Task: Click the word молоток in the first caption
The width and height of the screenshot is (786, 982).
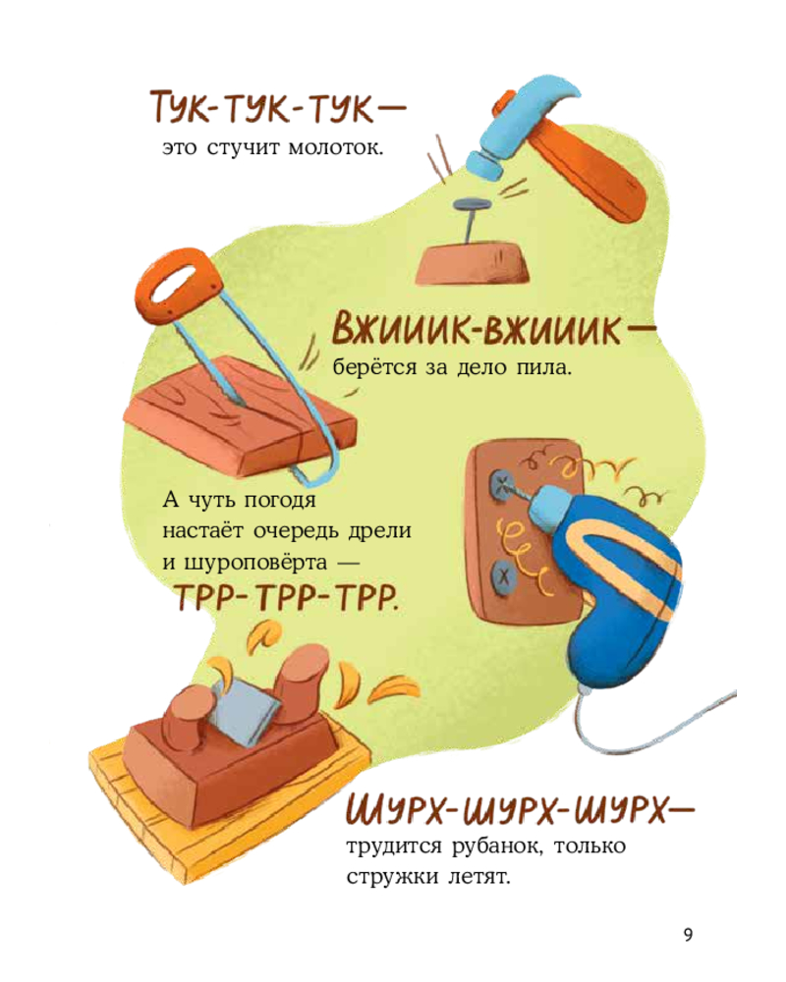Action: (x=335, y=149)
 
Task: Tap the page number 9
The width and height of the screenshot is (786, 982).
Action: (x=688, y=935)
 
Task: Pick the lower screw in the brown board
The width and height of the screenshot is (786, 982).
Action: (x=503, y=576)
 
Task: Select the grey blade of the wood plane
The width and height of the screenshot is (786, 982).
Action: (x=246, y=711)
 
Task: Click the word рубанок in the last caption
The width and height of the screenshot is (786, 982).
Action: (x=494, y=846)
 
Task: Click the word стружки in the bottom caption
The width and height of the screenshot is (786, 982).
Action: (x=392, y=877)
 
